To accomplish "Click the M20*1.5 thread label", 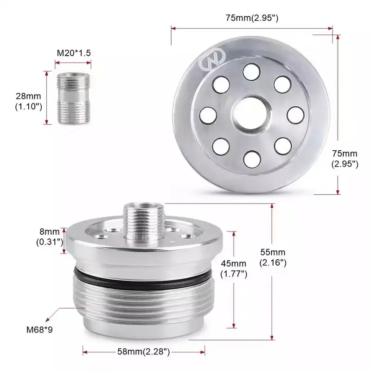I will pyautogui.click(x=74, y=53).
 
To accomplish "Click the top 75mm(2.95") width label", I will pyautogui.click(x=252, y=18).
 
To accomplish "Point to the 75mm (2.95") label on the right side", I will pyautogui.click(x=345, y=158).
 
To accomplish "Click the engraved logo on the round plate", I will pyautogui.click(x=211, y=61).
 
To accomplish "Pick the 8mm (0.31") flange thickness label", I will pyautogui.click(x=49, y=236).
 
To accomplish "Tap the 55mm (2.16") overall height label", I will pyautogui.click(x=272, y=257).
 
